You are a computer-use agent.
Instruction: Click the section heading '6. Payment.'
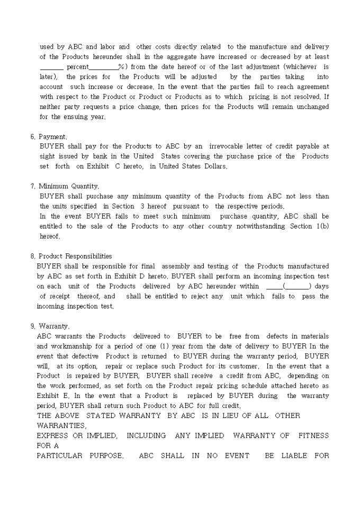49,137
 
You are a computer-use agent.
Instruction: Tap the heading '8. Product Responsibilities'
71,256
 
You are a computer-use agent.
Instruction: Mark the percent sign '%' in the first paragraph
121,67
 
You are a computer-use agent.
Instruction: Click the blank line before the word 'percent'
51,68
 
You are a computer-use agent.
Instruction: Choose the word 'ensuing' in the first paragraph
78,117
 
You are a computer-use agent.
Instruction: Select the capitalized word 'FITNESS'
313,435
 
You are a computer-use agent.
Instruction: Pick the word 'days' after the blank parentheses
322,286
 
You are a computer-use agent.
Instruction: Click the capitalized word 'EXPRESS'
52,435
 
